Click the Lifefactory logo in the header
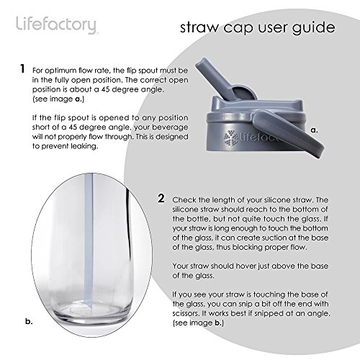[56, 25]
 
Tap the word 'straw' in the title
[199, 28]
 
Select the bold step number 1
[22, 68]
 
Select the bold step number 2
[161, 199]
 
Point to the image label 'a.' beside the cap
[314, 130]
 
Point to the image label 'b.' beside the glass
[29, 321]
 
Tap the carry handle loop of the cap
[288, 132]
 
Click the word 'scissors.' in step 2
[186, 313]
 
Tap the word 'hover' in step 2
[246, 266]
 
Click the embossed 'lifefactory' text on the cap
[259, 138]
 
